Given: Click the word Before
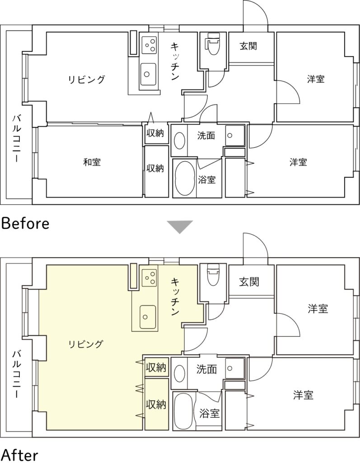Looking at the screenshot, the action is [25, 223].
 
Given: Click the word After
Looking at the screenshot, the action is [19, 455].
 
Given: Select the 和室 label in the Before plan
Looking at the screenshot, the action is [92, 162].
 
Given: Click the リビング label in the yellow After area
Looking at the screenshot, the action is [86, 344].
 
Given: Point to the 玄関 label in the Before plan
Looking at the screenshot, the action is [248, 46].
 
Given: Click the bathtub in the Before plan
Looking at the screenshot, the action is [184, 179].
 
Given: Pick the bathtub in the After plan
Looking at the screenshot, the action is [183, 411].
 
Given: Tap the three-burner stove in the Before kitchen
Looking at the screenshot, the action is [149, 45].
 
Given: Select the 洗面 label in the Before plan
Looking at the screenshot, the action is [206, 136].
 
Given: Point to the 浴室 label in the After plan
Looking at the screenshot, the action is [210, 413].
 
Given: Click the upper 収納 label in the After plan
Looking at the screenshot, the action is [156, 368].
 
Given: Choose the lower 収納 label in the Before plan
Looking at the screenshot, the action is [155, 169].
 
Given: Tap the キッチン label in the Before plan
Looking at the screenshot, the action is [175, 61].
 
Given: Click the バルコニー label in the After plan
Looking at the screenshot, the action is [17, 373].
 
